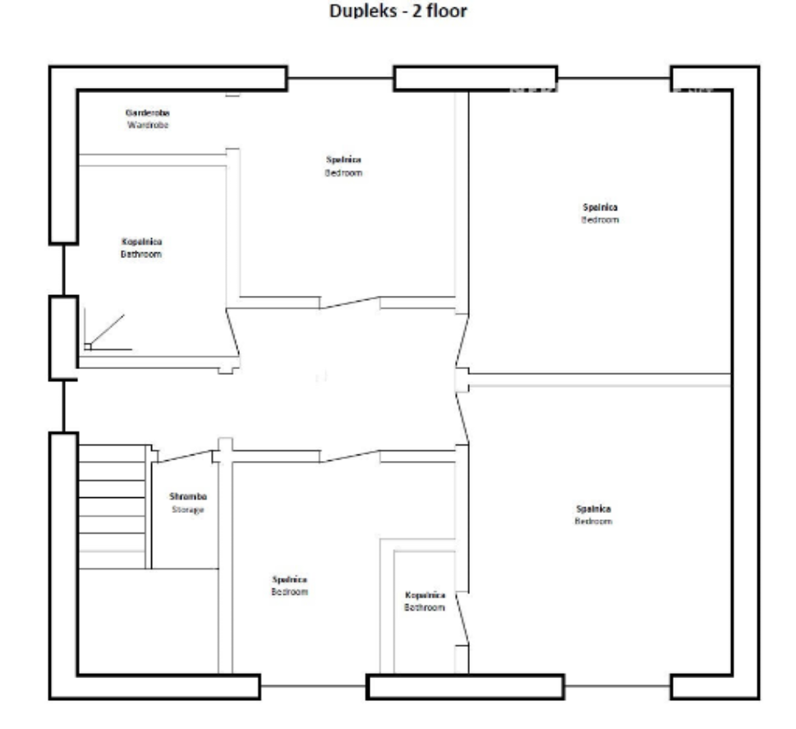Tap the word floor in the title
point(447,13)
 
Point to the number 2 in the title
point(416,13)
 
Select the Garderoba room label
point(148,112)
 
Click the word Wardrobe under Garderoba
point(148,125)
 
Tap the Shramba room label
point(187,496)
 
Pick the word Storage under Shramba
point(187,510)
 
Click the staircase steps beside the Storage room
point(112,505)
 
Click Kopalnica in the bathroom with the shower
point(141,242)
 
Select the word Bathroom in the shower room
point(141,255)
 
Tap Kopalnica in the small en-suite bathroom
point(425,595)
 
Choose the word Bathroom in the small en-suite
point(425,607)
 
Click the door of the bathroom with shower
point(232,333)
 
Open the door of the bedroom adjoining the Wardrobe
point(350,303)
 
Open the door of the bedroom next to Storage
point(350,457)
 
